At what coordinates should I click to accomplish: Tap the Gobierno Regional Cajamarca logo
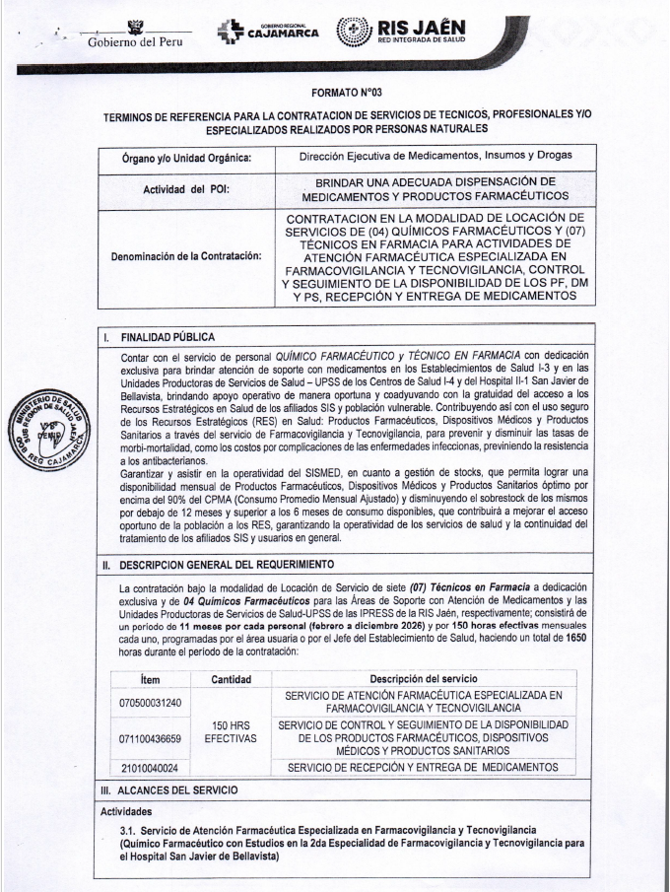point(260,32)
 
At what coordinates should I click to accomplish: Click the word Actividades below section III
point(132,811)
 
